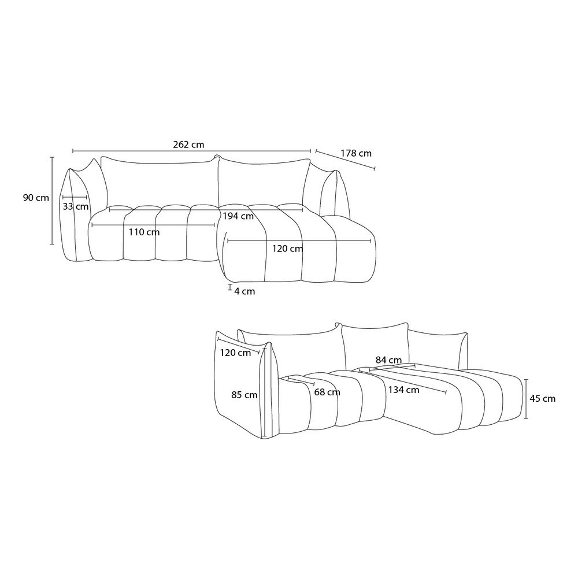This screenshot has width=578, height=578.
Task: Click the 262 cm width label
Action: [188, 144]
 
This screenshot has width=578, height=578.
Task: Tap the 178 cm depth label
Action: [356, 153]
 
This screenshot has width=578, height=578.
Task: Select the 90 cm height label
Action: [36, 198]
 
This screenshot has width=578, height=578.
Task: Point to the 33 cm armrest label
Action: [76, 206]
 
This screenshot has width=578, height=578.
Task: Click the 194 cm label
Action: [238, 216]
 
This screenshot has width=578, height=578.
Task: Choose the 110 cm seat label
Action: [144, 232]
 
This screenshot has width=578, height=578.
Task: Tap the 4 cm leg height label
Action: [244, 291]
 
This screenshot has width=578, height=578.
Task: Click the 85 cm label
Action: [244, 395]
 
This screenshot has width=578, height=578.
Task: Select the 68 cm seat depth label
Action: [327, 392]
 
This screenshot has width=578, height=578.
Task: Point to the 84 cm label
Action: [388, 360]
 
